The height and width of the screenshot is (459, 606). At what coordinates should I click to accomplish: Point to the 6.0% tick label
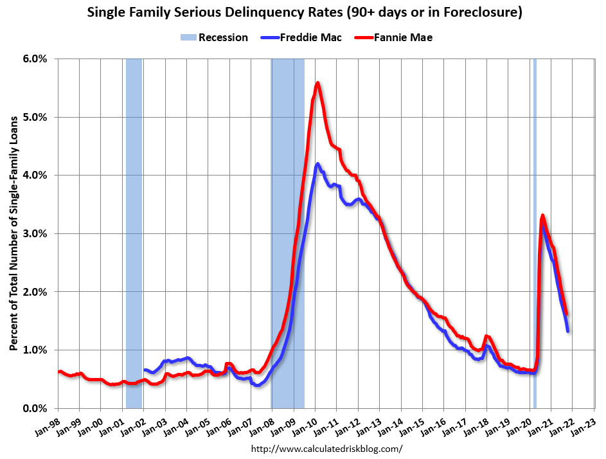click(35, 59)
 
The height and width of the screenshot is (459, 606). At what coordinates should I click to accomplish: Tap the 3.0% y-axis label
click(35, 233)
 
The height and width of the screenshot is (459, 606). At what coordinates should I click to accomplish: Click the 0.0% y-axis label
click(35, 408)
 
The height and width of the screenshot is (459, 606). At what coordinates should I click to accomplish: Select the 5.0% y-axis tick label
click(35, 117)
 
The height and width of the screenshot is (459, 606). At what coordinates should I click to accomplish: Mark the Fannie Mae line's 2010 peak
click(317, 83)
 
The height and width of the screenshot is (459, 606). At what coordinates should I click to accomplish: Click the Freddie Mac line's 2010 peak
click(317, 164)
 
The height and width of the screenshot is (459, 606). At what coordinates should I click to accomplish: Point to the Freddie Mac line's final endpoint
click(567, 330)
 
